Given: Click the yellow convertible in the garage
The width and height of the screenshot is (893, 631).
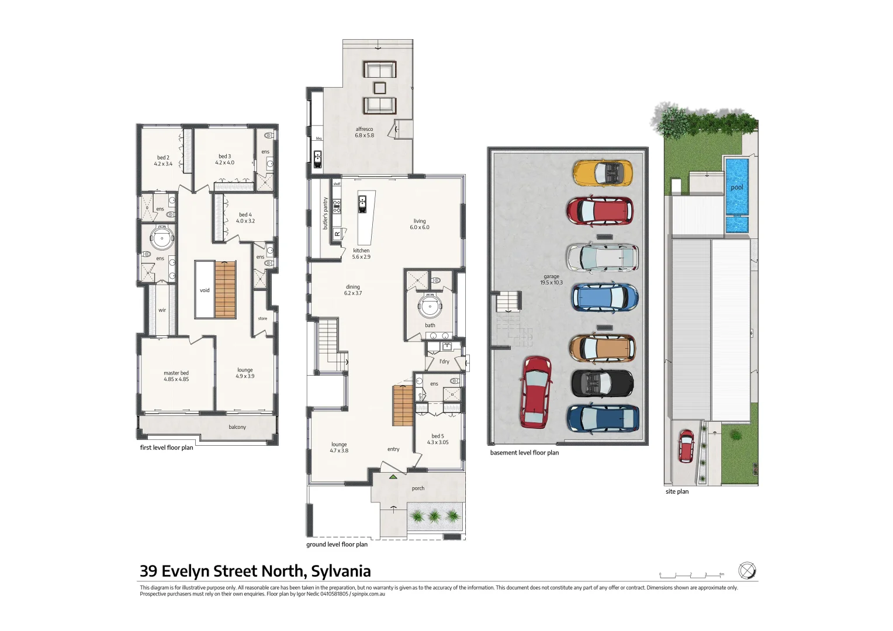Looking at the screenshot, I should (603, 173).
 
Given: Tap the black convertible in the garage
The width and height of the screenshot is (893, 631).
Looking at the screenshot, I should (602, 383).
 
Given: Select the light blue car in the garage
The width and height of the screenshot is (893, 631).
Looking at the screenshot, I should (604, 298).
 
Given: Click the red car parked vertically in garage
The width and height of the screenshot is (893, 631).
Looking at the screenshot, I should (536, 392).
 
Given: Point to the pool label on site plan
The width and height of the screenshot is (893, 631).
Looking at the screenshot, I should (737, 188).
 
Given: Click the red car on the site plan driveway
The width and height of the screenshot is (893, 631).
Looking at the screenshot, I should (686, 446).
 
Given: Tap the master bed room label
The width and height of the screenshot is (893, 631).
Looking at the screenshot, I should (176, 376).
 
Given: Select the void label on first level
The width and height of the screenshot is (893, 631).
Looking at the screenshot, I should (205, 290).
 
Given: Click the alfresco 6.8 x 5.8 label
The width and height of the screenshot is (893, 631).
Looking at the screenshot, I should (364, 133).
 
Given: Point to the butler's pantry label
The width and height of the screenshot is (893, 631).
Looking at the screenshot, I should (326, 213).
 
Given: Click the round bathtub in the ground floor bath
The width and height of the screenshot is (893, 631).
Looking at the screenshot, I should (430, 306).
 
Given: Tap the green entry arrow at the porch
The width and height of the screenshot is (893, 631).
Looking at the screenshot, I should (393, 477).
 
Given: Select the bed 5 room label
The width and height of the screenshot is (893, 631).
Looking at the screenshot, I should (438, 439).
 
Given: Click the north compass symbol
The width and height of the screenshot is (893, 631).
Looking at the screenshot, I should (746, 570).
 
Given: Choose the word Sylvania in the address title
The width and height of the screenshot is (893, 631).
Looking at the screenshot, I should (341, 571).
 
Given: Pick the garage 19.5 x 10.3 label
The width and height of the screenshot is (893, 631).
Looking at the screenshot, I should (551, 279).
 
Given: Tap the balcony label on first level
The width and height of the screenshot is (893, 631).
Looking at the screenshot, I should (237, 427).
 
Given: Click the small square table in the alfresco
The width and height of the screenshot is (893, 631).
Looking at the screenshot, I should (380, 88).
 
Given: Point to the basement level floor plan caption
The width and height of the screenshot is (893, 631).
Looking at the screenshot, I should (524, 453).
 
